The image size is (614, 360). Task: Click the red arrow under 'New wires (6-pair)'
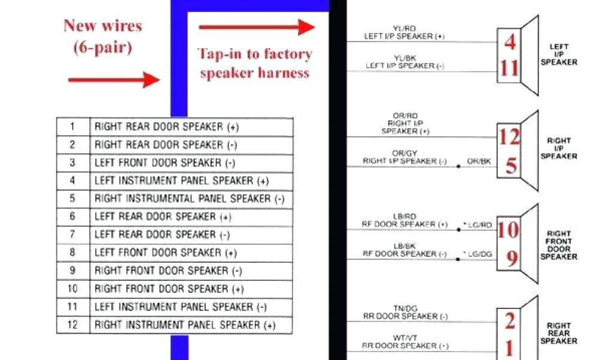tap(114, 79)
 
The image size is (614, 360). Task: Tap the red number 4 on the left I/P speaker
tap(510, 42)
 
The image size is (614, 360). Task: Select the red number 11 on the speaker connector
tap(510, 68)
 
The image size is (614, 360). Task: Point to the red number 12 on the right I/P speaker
tap(510, 137)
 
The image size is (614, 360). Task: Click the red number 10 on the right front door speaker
tap(508, 230)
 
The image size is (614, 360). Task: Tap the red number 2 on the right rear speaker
tap(510, 322)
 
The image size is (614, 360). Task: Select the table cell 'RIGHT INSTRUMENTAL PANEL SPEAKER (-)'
tap(189, 199)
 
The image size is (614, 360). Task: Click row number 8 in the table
tap(73, 253)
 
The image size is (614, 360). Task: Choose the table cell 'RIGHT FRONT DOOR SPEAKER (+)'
tap(169, 289)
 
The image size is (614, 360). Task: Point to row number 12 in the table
tap(73, 325)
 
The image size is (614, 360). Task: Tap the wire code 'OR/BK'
tap(479, 161)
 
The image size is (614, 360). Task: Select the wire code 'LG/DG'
tap(479, 254)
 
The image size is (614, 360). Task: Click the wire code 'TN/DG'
tap(405, 308)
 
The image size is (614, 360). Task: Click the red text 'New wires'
tap(103, 26)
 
